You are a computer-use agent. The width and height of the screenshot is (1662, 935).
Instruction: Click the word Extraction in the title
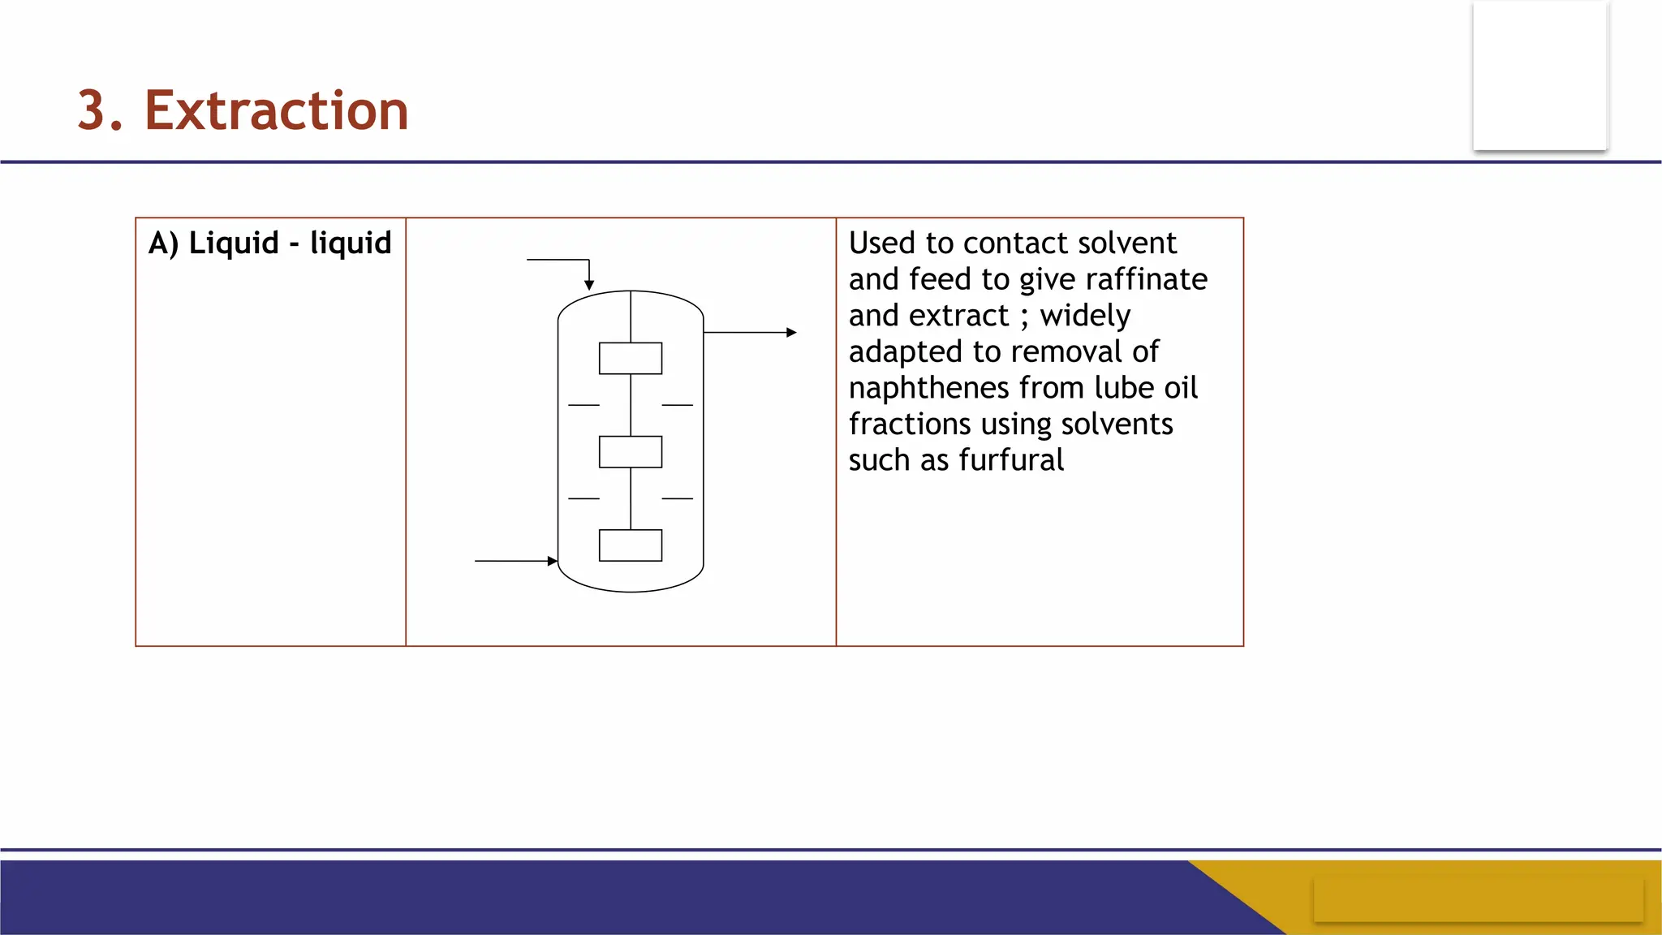[276, 110]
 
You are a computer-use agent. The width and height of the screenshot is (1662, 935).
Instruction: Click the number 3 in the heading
[93, 110]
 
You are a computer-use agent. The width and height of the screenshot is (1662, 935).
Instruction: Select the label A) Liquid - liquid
[269, 243]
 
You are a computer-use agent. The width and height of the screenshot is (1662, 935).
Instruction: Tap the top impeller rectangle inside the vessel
[631, 358]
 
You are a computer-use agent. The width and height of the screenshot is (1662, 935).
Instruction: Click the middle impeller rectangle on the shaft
[631, 452]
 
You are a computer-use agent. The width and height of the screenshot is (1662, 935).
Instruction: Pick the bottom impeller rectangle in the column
[631, 545]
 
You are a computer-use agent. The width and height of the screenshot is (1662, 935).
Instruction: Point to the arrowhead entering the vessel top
[589, 285]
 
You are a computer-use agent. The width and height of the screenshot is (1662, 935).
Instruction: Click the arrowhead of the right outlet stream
[791, 332]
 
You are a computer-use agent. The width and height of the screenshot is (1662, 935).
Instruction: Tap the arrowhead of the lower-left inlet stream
[552, 561]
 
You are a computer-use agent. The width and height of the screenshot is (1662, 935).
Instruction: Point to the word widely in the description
[1085, 316]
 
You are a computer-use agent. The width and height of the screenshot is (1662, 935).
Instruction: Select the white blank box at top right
[1539, 75]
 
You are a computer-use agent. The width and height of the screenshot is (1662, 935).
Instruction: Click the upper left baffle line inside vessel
[583, 405]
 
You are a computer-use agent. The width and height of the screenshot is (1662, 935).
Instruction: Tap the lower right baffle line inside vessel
[677, 498]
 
